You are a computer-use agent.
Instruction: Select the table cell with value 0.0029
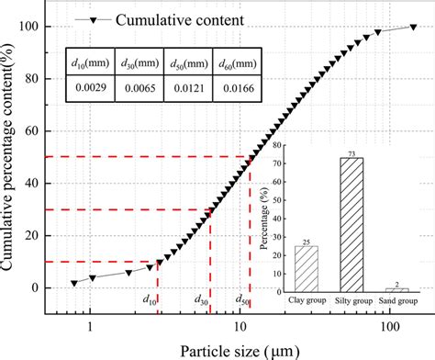[92, 87]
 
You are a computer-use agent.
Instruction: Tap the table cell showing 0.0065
[139, 87]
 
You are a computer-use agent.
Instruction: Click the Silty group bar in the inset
[351, 224]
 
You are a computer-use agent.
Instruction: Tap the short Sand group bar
[395, 288]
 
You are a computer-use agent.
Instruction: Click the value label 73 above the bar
[351, 152]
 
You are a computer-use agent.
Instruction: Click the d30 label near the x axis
[203, 299]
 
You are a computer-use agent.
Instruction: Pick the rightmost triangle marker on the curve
[413, 27]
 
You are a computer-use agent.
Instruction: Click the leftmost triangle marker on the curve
[74, 283]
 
